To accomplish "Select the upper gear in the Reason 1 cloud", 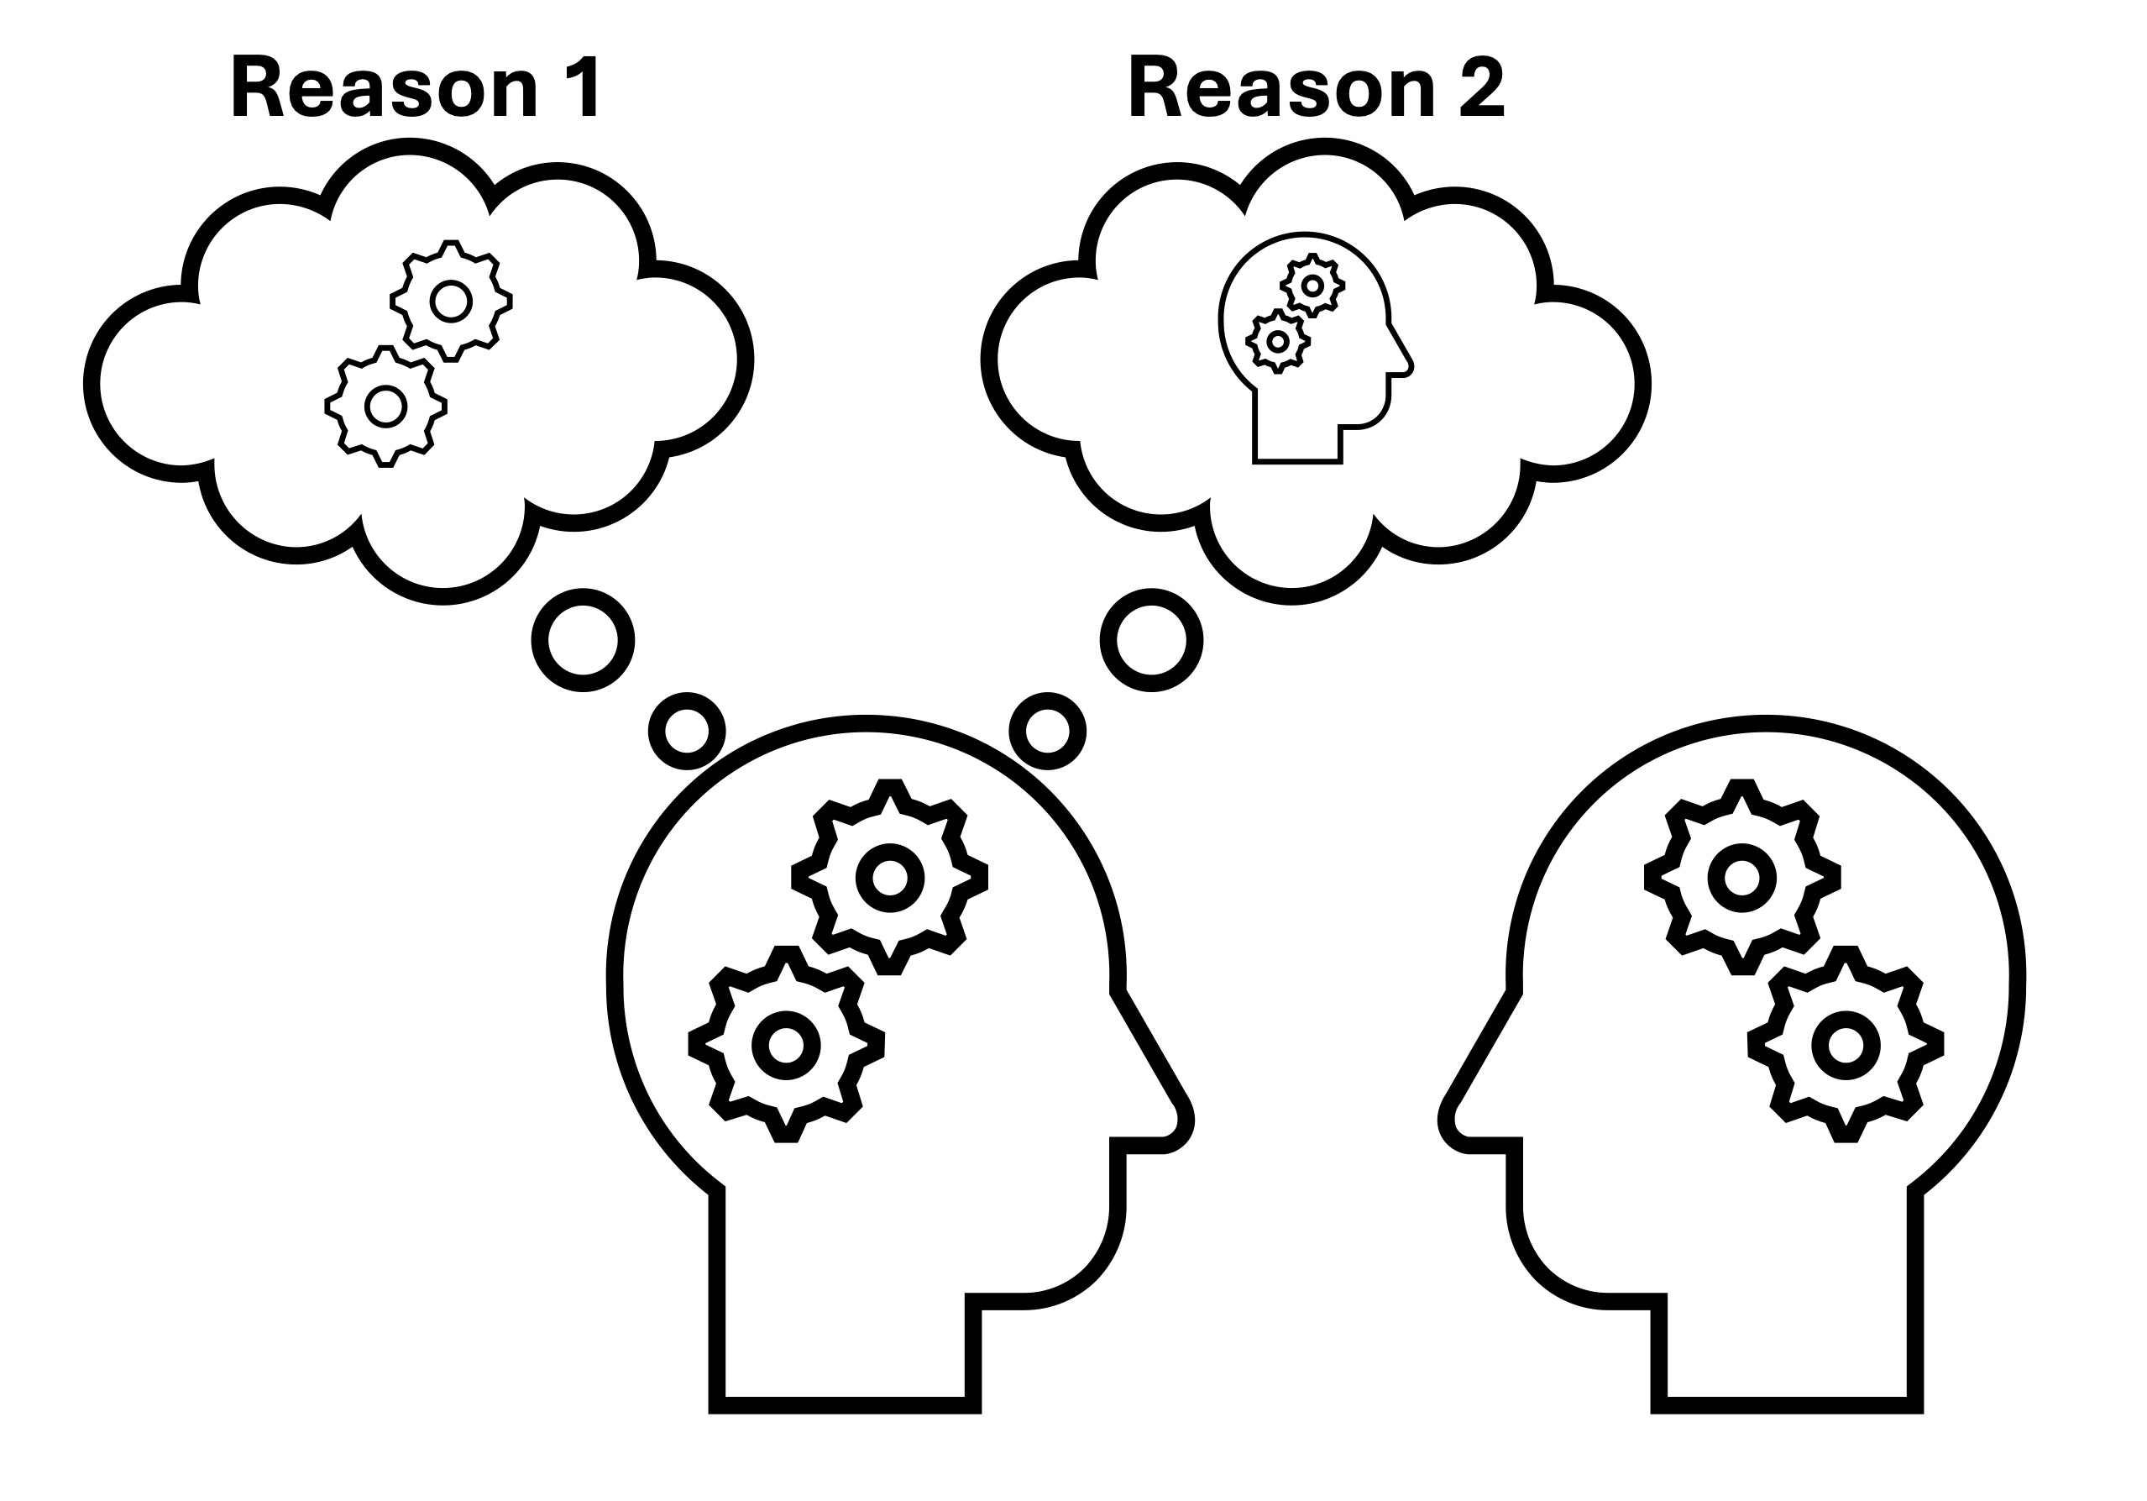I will [451, 302].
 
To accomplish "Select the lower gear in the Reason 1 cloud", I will [385, 406].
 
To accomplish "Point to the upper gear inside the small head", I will [1313, 286].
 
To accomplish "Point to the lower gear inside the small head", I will [1277, 341].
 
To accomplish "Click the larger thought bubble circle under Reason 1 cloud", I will [583, 641].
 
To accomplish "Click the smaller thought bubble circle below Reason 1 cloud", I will [686, 732].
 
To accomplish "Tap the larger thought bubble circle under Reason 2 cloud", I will [1151, 641].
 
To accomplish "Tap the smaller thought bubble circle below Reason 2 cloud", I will [1047, 732].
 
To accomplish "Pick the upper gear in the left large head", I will [889, 877].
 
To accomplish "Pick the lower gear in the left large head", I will [787, 1045].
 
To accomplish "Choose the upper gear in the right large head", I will [1741, 877].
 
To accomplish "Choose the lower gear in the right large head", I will [1845, 1045].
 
